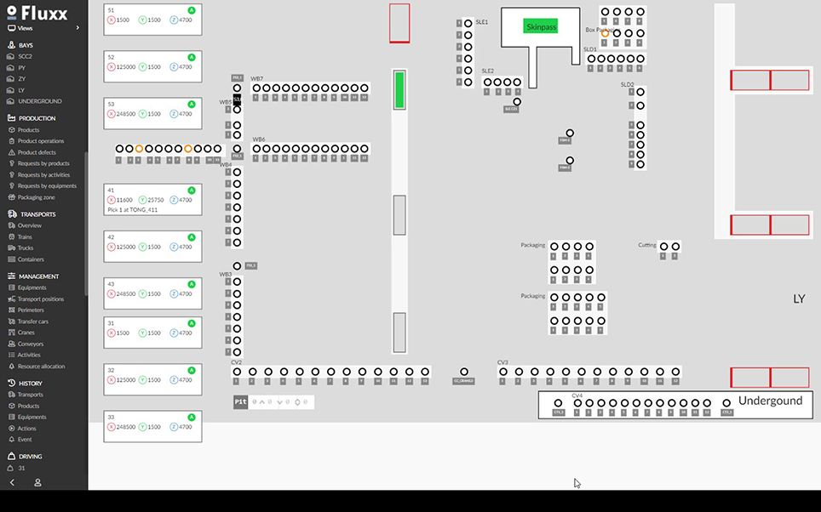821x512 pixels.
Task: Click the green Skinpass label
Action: pyautogui.click(x=540, y=26)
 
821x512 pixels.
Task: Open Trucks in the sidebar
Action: pyautogui.click(x=25, y=248)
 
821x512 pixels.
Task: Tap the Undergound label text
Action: pyautogui.click(x=770, y=401)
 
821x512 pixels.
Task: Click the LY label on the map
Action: pyautogui.click(x=799, y=299)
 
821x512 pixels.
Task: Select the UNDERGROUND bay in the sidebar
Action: pyautogui.click(x=40, y=101)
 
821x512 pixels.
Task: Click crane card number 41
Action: pyautogui.click(x=152, y=199)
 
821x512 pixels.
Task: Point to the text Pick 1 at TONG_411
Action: pyautogui.click(x=133, y=209)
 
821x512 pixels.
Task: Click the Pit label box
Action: pyautogui.click(x=241, y=401)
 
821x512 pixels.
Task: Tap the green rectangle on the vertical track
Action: pyautogui.click(x=399, y=90)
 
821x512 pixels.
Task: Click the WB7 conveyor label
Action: pyautogui.click(x=257, y=78)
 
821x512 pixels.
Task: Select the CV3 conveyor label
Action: pyautogui.click(x=502, y=362)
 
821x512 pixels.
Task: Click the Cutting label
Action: pyautogui.click(x=647, y=245)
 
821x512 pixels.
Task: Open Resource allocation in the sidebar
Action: pyautogui.click(x=42, y=367)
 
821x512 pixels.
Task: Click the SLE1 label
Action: pyautogui.click(x=482, y=22)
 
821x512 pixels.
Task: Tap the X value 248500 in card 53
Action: pyautogui.click(x=125, y=114)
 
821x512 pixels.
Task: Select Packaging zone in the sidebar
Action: pyautogui.click(x=37, y=197)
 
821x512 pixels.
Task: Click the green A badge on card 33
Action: pyautogui.click(x=192, y=418)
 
